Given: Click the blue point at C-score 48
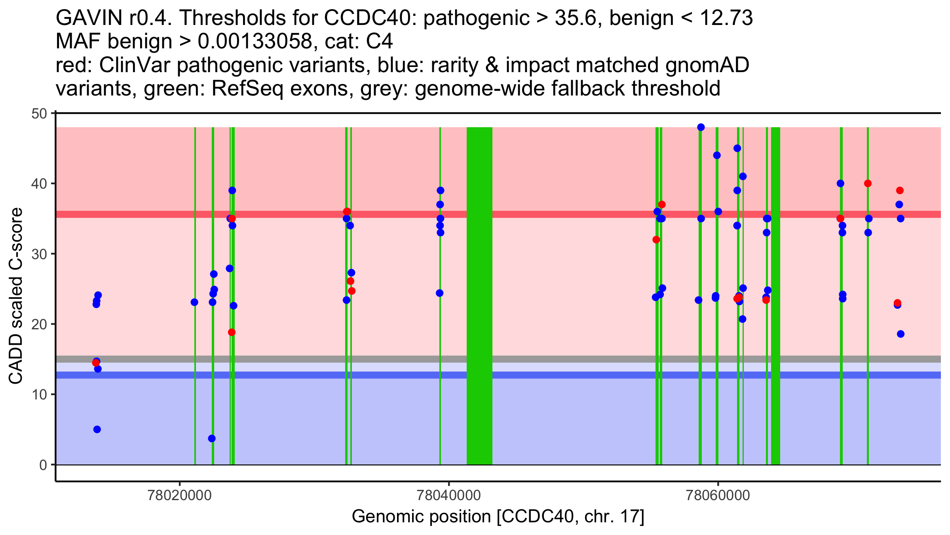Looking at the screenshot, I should coord(701,127).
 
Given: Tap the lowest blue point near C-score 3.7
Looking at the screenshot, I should coord(212,438).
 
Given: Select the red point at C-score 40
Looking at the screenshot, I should coord(868,183).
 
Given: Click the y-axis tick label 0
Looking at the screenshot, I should coord(43,465).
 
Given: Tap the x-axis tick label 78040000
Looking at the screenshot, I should coord(449,495).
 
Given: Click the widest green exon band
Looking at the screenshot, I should coord(479,296).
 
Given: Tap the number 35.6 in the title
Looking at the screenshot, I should coord(575,18).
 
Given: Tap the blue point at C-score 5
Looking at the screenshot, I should coord(97,429).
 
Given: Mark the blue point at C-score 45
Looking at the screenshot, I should coord(737,148).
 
